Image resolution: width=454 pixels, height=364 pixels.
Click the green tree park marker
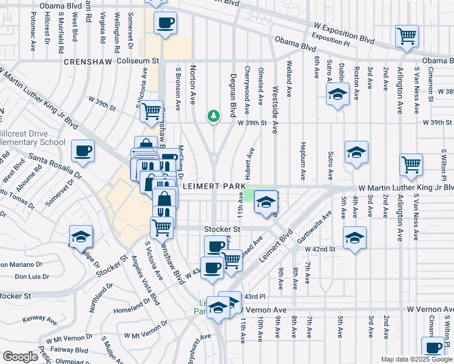(x=213, y=115)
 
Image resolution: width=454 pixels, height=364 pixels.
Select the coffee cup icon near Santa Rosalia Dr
(x=83, y=151)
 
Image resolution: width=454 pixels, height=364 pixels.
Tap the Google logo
(x=20, y=357)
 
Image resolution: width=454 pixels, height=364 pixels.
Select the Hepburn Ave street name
(x=302, y=160)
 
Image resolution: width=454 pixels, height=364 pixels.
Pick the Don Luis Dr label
(x=32, y=276)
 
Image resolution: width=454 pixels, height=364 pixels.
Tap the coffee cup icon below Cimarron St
(x=433, y=348)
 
